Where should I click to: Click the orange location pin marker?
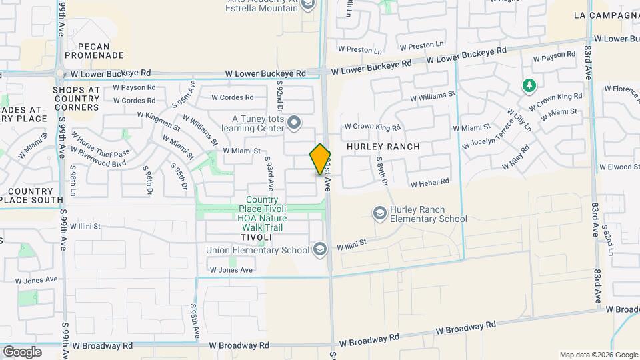(320, 159)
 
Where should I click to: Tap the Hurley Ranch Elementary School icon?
(379, 213)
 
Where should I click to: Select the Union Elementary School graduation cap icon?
(320, 249)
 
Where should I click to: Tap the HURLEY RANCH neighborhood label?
(383, 147)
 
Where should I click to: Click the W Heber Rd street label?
(429, 183)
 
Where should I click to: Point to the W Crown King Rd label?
(372, 127)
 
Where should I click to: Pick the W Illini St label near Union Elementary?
(351, 245)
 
